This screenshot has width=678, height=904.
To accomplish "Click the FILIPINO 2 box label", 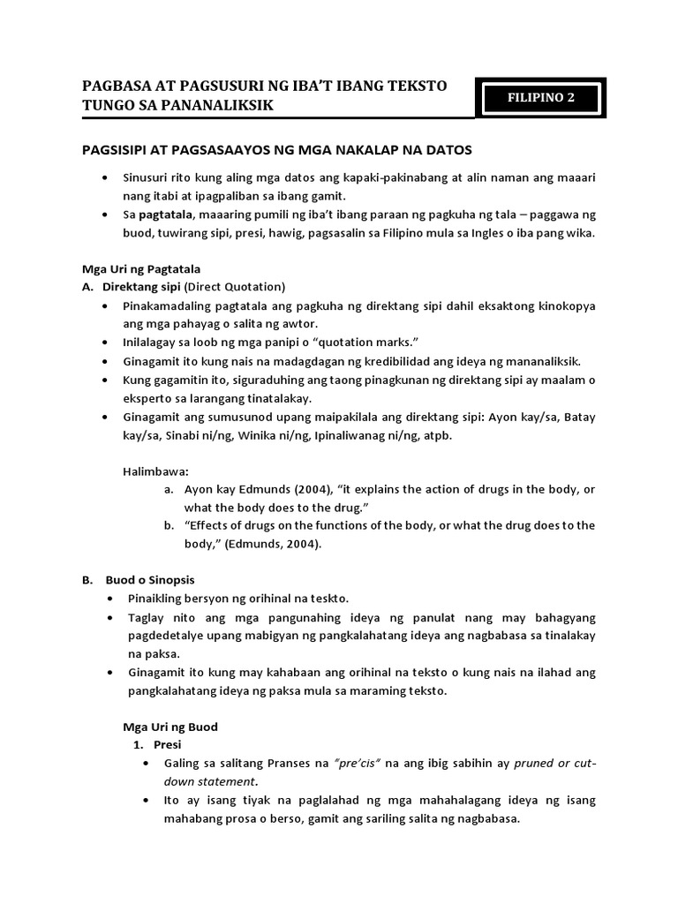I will click(x=540, y=98).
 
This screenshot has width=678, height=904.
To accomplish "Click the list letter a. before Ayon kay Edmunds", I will click(x=169, y=488).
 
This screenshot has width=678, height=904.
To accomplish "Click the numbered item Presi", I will click(x=167, y=744).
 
